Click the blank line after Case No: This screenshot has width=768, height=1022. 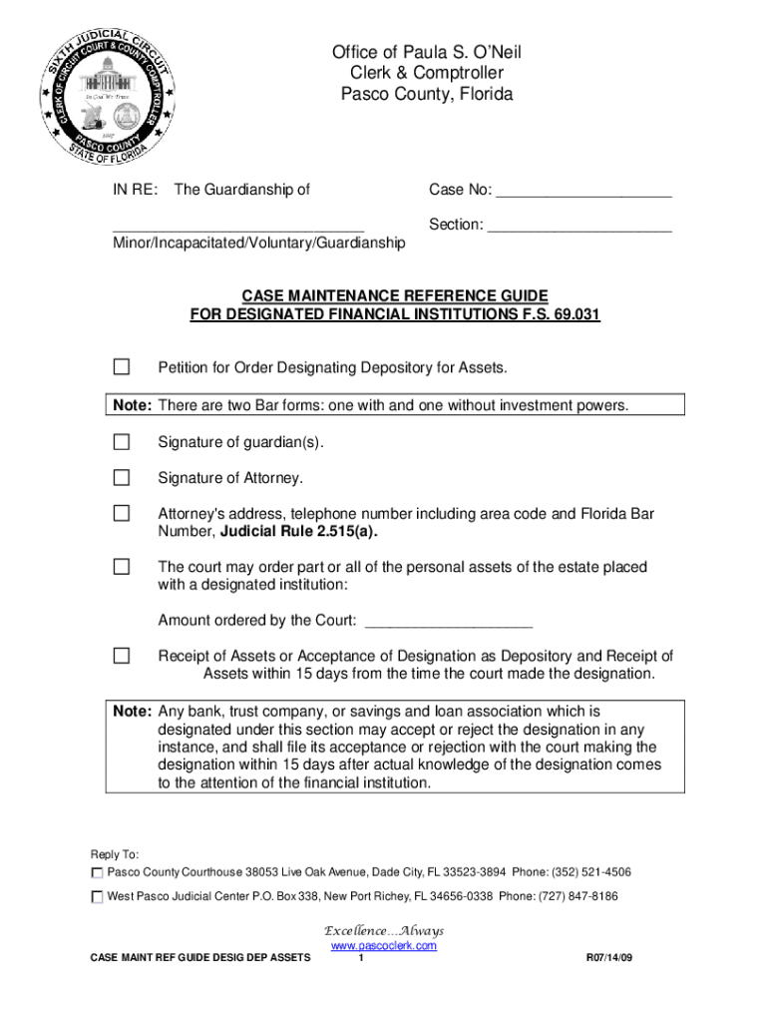tap(583, 192)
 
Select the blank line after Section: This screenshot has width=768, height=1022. tap(579, 227)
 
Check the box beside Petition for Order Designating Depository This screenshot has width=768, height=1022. tap(121, 367)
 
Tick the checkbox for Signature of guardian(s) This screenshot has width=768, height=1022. tap(121, 442)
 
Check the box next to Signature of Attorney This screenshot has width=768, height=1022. tap(121, 478)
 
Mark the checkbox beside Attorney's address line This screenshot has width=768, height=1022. tap(121, 514)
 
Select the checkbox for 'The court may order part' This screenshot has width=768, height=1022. tap(121, 567)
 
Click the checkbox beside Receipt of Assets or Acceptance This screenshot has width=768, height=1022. tap(121, 656)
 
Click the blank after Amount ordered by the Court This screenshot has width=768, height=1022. tap(449, 622)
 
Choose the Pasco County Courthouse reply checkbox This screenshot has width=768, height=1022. tap(97, 872)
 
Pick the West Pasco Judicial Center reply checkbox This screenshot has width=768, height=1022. tap(97, 897)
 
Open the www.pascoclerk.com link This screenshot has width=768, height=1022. tap(383, 945)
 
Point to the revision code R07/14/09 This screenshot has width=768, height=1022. tap(613, 959)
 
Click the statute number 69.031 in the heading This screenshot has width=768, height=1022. tap(573, 314)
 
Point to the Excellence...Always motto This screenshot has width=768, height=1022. tap(385, 930)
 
